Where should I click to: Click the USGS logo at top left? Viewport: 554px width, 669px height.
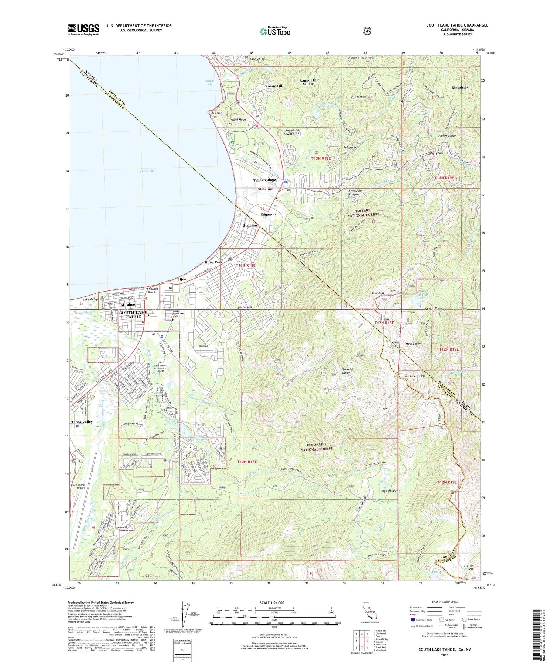point(83,30)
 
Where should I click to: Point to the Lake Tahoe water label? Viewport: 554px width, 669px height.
point(146,171)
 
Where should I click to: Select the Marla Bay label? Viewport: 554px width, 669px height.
point(209,82)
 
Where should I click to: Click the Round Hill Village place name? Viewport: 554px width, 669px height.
point(308,82)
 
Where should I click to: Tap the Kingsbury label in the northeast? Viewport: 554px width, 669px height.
point(460,88)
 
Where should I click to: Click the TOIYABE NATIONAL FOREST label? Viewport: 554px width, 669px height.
point(363,212)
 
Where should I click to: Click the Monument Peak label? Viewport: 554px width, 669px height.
point(415,376)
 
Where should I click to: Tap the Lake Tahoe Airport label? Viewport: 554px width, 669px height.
point(78,486)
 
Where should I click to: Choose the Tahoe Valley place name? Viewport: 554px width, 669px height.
point(82,421)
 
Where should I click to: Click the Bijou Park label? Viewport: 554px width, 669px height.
point(214,262)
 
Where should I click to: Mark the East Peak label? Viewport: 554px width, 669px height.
point(378,293)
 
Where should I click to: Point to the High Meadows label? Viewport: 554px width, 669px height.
point(390,490)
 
